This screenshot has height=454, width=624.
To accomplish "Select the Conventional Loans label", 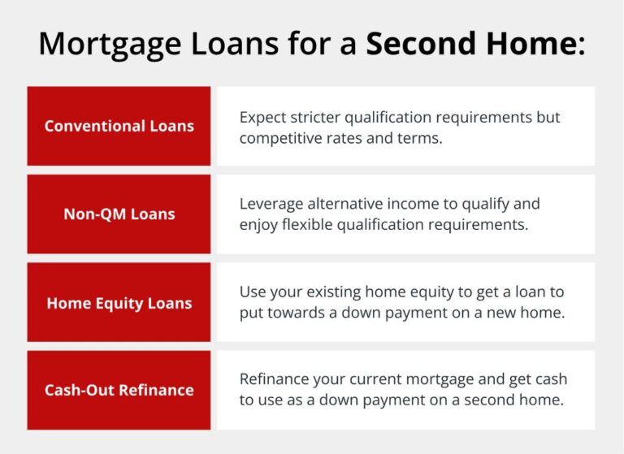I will (119, 127).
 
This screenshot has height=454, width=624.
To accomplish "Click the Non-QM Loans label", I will (119, 214).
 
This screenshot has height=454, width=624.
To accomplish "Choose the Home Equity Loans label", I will (119, 303).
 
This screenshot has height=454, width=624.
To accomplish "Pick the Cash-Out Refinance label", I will (119, 390).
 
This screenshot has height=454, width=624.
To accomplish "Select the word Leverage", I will (269, 204).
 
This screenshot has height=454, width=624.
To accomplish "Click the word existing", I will (331, 292).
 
